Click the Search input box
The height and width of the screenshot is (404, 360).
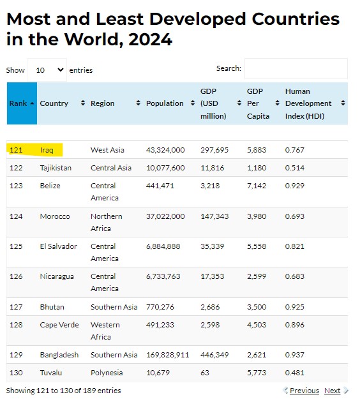pos(296,68)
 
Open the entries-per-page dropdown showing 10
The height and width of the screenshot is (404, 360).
pos(47,70)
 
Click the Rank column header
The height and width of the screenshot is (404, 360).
pos(22,103)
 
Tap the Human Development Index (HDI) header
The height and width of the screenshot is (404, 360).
pos(308,103)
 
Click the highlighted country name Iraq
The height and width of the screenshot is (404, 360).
pos(47,150)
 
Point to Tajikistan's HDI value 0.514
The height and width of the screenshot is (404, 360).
pos(294,168)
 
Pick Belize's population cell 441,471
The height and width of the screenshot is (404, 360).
pos(160,186)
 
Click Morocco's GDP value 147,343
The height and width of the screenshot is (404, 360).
pos(214,216)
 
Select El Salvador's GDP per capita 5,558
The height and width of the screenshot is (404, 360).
pos(257,246)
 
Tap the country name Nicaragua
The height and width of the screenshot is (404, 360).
pos(57,276)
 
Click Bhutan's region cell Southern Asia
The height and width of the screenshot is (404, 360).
pos(114,307)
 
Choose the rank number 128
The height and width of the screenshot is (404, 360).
pos(16,325)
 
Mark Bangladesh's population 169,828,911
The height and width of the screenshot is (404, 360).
pos(167,355)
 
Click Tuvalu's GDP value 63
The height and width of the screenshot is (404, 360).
pos(205,373)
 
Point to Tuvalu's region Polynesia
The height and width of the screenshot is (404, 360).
pos(107,373)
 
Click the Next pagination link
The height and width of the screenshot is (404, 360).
pos(332,391)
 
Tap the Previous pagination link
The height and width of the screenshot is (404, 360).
pos(304,391)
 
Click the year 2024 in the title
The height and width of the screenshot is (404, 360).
pos(150,40)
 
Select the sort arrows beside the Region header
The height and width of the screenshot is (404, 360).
pos(138,103)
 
